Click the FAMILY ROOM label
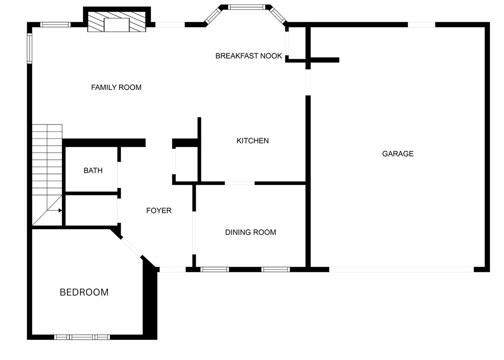[116, 87]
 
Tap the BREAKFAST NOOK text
[249, 56]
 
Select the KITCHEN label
[253, 141]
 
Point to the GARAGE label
[398, 154]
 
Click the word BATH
[93, 171]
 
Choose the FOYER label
[159, 210]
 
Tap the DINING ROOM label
[250, 232]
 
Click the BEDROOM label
[84, 292]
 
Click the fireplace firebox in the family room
[117, 25]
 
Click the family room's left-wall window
[30, 48]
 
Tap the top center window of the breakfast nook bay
[247, 7]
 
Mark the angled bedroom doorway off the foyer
[132, 247]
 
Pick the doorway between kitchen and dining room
[240, 183]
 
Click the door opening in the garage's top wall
[421, 24]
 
